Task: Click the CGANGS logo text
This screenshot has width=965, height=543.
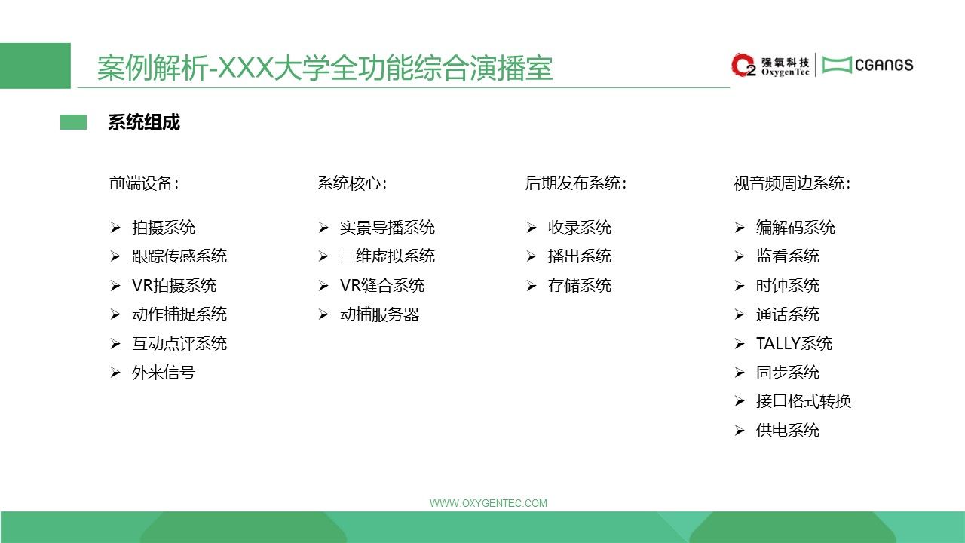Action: [884, 65]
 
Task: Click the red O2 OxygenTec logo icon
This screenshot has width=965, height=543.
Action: [743, 65]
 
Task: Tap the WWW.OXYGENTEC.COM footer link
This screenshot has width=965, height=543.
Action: [488, 503]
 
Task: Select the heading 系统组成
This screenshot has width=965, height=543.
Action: [144, 122]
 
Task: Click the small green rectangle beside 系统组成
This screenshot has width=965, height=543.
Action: [73, 122]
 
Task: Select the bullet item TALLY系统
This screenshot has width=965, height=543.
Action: [794, 343]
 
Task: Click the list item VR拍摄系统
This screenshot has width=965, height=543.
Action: [174, 285]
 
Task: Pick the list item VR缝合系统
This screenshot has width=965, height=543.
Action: [382, 285]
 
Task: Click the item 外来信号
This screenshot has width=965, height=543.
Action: [164, 373]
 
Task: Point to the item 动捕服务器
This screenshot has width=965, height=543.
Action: [379, 314]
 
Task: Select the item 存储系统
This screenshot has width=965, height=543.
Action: [580, 285]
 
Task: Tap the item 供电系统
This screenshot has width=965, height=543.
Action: [788, 430]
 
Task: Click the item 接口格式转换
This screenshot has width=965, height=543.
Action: [804, 401]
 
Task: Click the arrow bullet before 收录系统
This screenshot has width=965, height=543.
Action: [532, 228]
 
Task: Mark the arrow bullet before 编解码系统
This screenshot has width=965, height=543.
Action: [740, 228]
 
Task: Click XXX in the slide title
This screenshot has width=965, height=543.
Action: [245, 68]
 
